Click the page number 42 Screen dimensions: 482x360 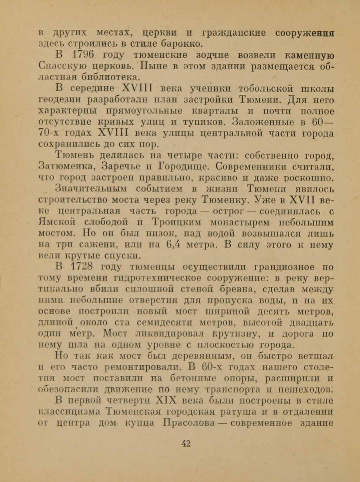[x=186, y=443]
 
